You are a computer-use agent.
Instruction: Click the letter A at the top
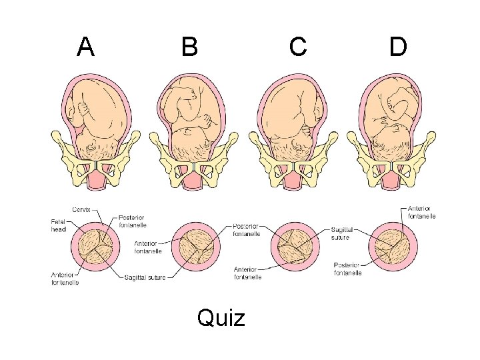coord(85,47)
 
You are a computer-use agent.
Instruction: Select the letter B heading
coord(189,47)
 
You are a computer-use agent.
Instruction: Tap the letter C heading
coord(298,47)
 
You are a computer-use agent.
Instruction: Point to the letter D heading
coord(398,47)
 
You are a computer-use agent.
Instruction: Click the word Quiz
coord(221,318)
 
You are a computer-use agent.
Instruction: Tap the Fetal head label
coord(59,226)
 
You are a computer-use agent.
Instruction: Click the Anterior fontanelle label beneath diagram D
coord(421,212)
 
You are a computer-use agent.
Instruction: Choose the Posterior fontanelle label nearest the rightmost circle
coord(347,269)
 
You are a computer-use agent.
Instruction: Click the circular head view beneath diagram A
coord(97,248)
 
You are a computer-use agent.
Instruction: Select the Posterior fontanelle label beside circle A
coord(131,222)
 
